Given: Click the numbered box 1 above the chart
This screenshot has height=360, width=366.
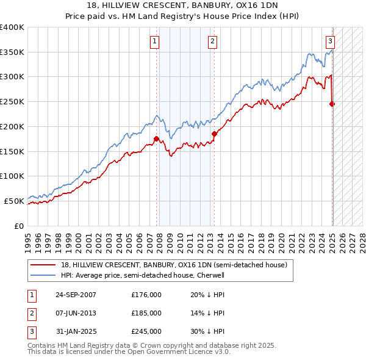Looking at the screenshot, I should click(155, 42).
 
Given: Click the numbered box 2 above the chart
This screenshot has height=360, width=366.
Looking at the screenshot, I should click(212, 42).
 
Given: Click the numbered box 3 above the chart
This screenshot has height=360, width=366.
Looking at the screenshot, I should click(330, 42).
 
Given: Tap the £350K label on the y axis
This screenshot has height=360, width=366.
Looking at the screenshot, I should click(12, 52).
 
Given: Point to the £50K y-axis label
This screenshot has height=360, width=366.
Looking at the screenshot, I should click(14, 201).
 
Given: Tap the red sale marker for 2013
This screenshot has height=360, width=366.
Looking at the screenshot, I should click(214, 134).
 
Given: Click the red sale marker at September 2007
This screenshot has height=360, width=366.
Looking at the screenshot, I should click(157, 139).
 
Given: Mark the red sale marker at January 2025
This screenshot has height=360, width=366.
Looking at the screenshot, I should click(332, 104).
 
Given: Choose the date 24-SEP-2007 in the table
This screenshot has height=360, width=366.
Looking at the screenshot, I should click(76, 295).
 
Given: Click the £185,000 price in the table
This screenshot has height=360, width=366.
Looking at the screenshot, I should click(146, 313).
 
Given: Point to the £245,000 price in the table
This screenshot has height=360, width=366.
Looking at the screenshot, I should click(146, 331).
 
